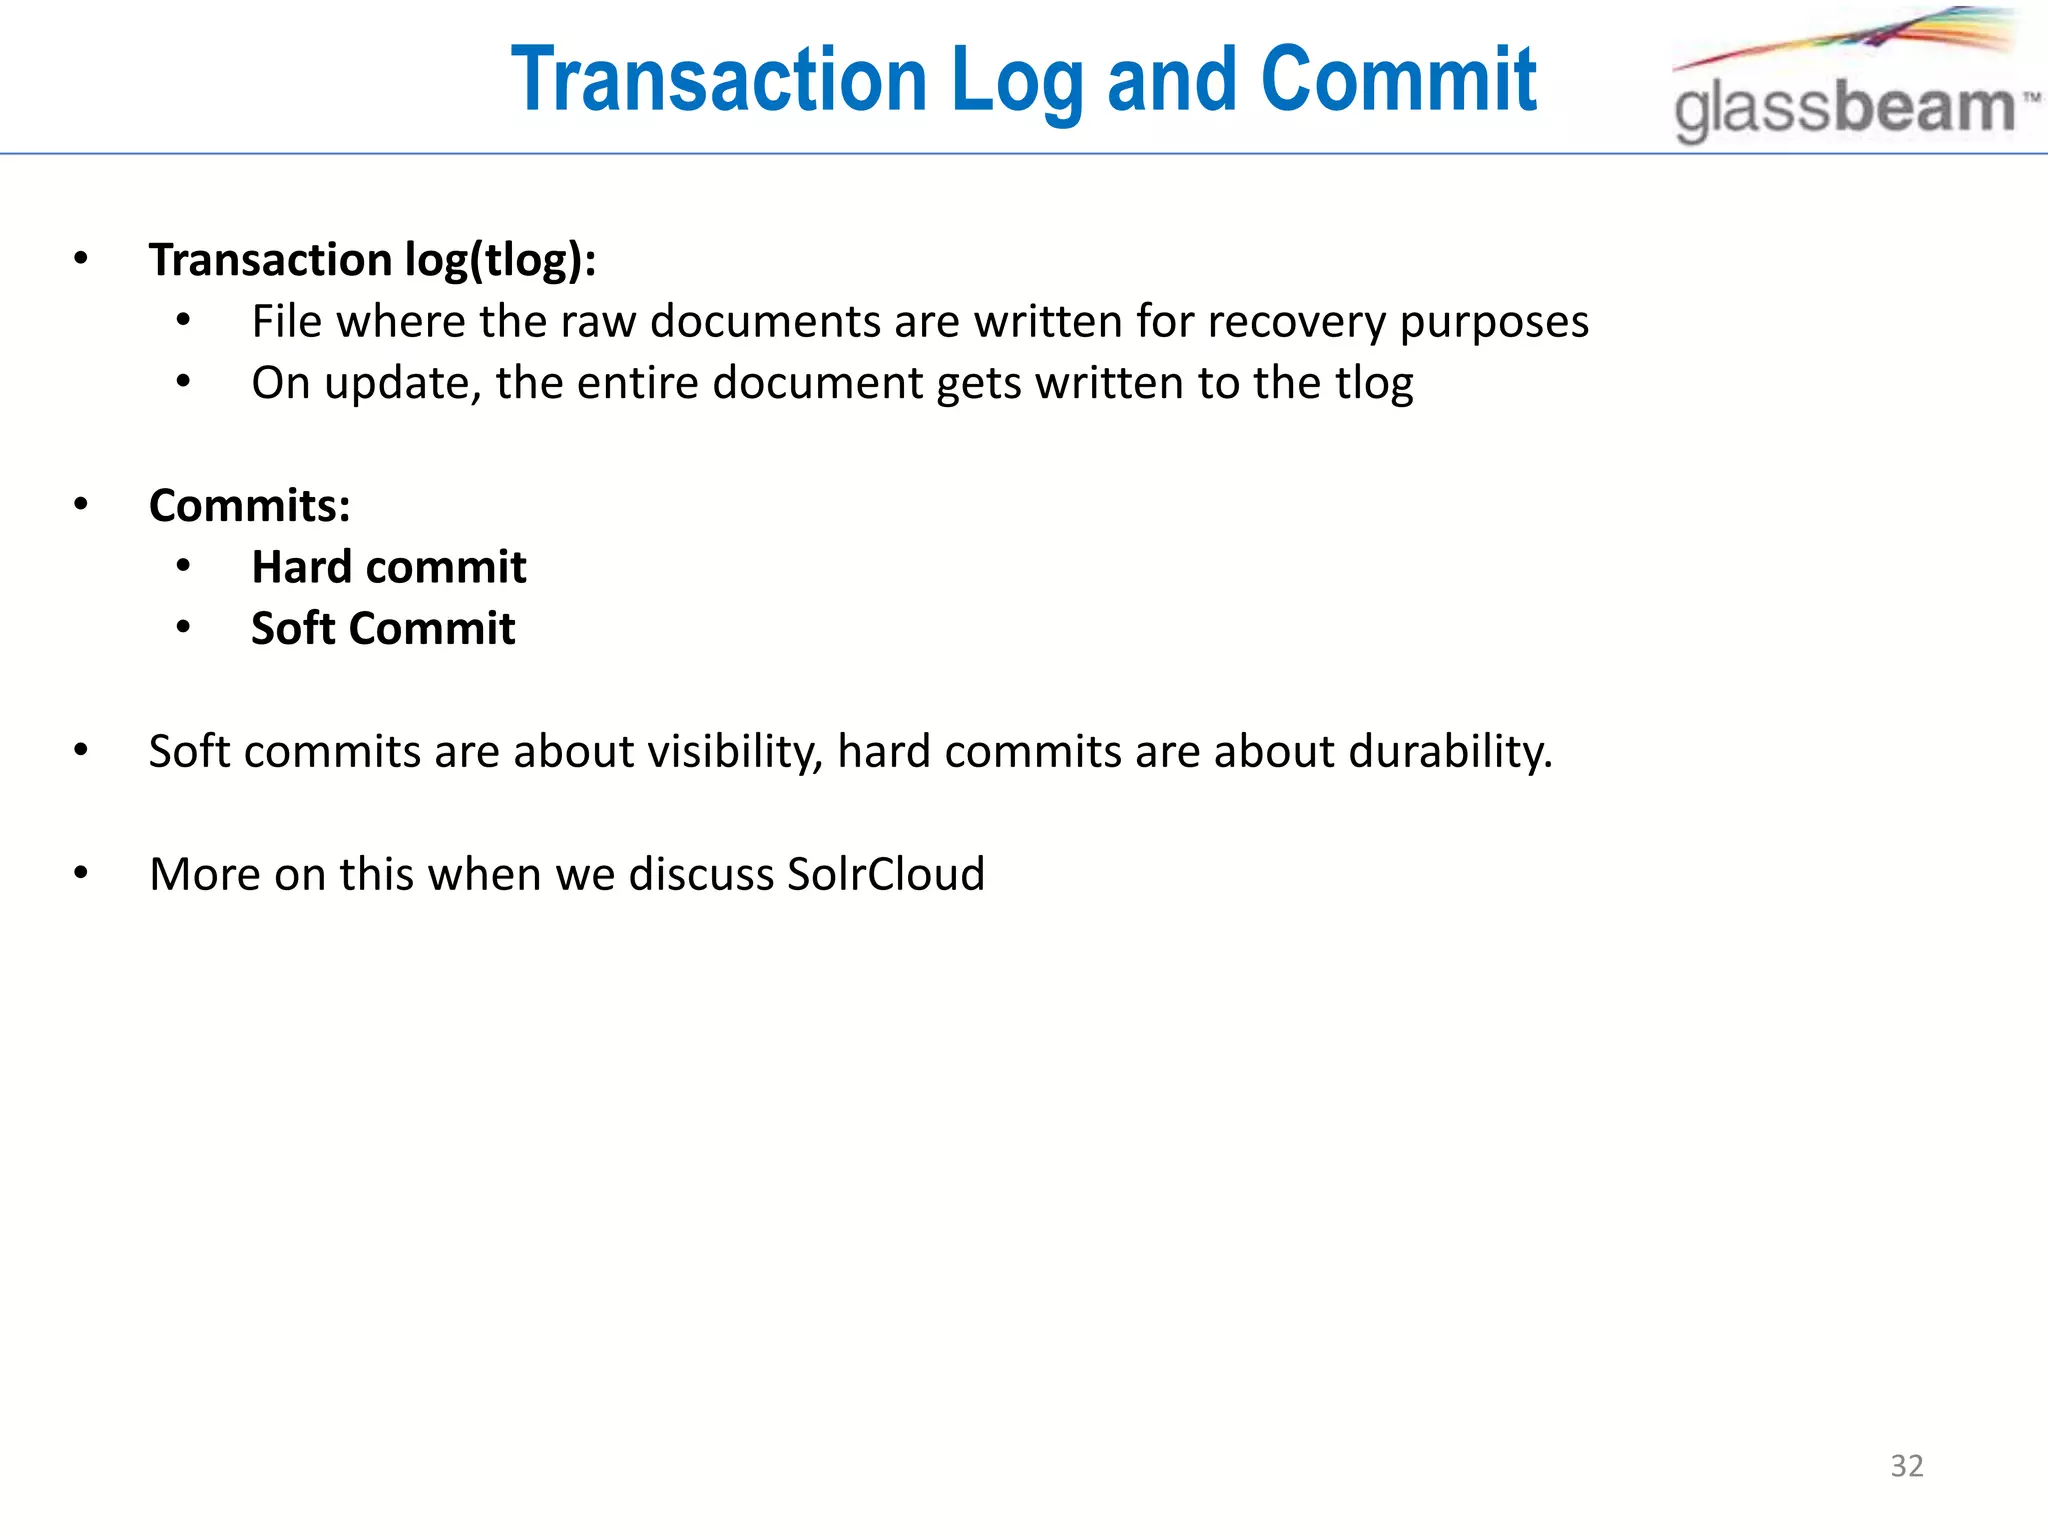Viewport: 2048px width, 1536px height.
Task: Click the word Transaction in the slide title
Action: [720, 80]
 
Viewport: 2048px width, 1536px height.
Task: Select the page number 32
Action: [1906, 1466]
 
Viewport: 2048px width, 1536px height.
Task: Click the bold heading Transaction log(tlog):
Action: [372, 260]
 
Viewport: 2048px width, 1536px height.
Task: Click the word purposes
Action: [1493, 322]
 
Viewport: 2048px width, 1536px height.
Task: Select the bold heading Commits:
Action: [250, 506]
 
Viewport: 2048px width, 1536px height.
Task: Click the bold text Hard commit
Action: [388, 567]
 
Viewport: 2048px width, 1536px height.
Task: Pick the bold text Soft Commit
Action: [383, 629]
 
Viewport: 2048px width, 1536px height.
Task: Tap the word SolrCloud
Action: [885, 874]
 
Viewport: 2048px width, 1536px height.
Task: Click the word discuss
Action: [700, 874]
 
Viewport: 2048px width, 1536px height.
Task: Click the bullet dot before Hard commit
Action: [183, 567]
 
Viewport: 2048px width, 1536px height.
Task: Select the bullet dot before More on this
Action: [81, 874]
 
